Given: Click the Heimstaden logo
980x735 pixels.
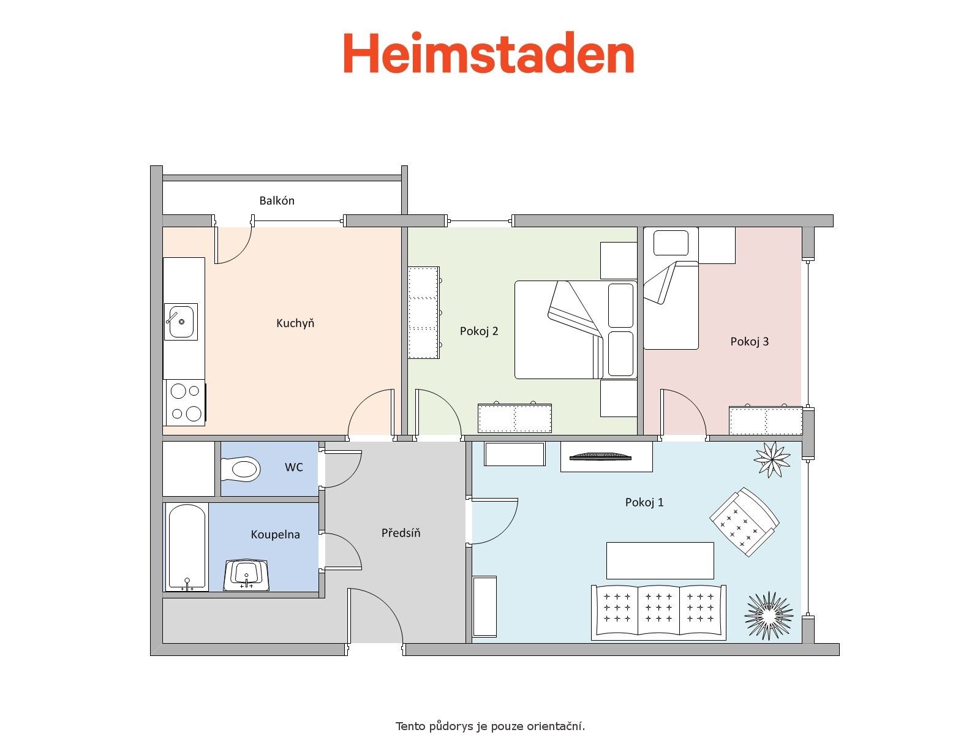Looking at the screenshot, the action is point(488,52).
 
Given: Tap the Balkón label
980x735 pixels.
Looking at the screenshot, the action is point(277,201).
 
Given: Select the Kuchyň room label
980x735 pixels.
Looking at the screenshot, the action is point(295,323).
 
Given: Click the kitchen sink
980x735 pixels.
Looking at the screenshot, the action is point(181,322).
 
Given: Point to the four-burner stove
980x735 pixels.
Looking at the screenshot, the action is point(186,402).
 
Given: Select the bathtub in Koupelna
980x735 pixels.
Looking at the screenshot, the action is point(187,548).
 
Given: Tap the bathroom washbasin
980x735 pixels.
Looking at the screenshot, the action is point(246,575).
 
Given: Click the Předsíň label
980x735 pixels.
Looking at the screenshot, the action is point(401,533).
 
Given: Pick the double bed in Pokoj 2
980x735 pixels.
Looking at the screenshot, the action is point(576,330).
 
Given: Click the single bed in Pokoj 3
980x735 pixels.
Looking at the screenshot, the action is point(671,288).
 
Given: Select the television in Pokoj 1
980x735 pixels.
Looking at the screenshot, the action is point(600,456).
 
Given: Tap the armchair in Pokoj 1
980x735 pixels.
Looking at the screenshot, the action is point(744,522).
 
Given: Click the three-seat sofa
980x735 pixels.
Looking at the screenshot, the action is point(658,612).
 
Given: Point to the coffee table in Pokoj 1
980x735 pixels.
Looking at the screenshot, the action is point(660,560).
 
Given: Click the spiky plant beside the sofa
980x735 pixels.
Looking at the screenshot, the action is point(768,616).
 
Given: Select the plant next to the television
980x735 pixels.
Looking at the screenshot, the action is point(772,459).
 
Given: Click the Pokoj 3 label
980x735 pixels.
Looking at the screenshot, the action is point(750,342).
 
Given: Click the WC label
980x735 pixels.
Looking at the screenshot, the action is point(294,467).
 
